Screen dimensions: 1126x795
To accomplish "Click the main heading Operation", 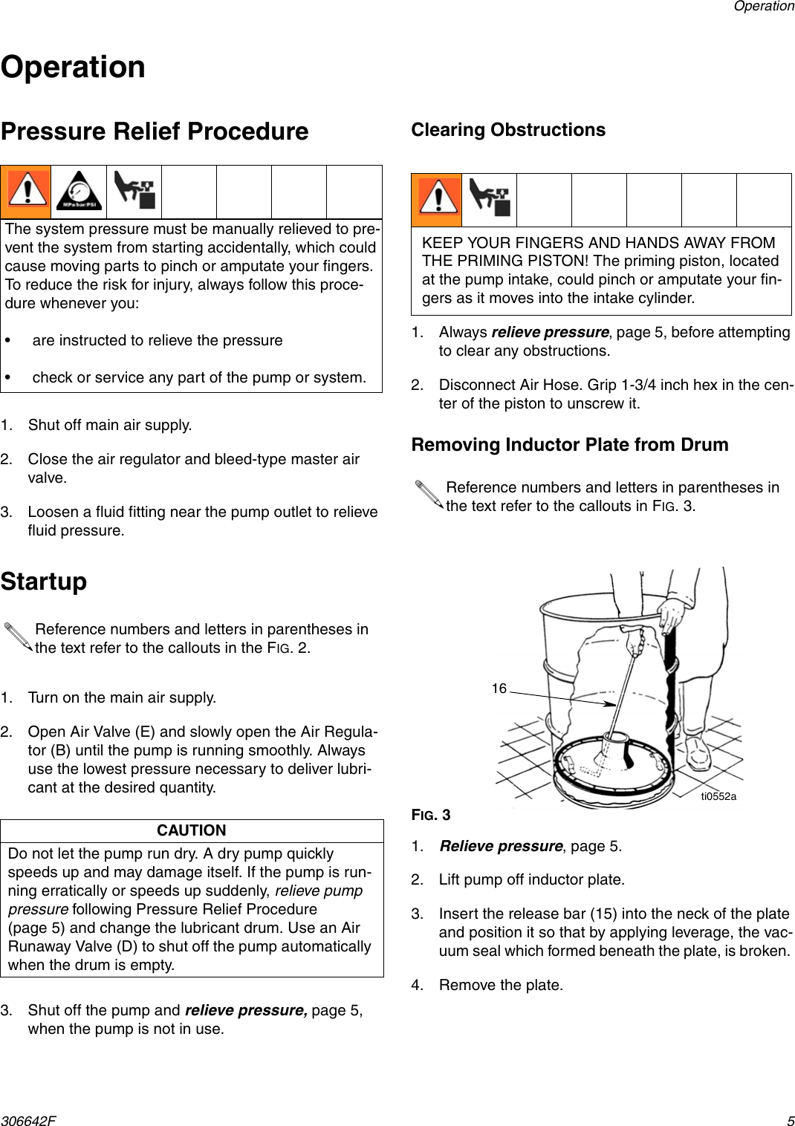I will [73, 67].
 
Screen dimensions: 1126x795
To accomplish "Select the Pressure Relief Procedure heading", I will [155, 131].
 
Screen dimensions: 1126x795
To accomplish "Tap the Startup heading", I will [44, 581].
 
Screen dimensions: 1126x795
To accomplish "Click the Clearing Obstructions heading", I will [508, 130].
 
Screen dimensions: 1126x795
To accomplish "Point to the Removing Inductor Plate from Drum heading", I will [570, 445].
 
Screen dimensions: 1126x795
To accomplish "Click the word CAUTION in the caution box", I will [192, 830].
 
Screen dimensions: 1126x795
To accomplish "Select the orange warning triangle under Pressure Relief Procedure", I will [26, 192].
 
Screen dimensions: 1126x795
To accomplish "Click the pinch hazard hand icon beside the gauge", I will [134, 192].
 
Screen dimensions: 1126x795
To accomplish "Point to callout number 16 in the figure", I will [499, 689].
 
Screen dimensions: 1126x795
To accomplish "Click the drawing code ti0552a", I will [718, 796].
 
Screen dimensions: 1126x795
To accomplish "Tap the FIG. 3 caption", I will [431, 815].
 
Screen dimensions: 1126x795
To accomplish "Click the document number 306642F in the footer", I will [28, 1119].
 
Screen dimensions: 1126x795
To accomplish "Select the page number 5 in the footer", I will [791, 1119].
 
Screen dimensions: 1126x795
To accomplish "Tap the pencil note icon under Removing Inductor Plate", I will [429, 495].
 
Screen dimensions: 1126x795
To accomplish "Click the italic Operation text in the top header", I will [763, 7].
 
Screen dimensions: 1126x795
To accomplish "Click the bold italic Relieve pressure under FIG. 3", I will [501, 846].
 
